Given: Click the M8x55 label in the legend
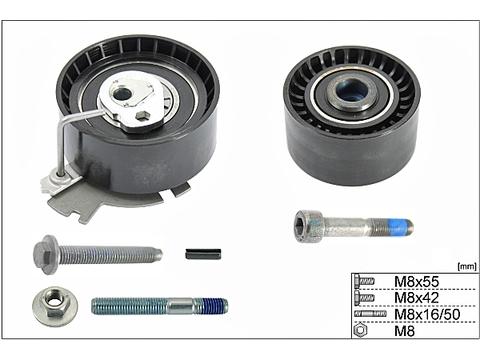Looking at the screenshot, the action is (x=416, y=282).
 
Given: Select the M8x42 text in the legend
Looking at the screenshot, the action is (x=416, y=298).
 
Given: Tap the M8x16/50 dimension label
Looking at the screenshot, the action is (x=427, y=314).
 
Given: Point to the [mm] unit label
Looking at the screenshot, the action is (x=467, y=266).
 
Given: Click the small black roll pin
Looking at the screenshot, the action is (x=203, y=254).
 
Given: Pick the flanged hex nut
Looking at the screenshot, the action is (x=55, y=306).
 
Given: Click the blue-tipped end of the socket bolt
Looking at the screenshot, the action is (x=402, y=226).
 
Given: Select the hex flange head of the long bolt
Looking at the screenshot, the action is (x=46, y=255).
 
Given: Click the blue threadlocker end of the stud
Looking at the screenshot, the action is (x=216, y=306).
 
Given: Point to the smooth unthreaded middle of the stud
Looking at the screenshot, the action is (x=180, y=306).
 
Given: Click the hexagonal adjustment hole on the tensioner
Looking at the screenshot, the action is (x=143, y=116).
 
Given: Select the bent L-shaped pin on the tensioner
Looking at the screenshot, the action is (x=72, y=140).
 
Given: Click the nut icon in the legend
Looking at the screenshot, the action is (x=361, y=330).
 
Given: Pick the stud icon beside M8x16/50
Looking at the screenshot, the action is (x=370, y=314).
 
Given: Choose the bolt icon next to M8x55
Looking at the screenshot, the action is (x=364, y=282).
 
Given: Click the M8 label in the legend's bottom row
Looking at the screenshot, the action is (x=404, y=331).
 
